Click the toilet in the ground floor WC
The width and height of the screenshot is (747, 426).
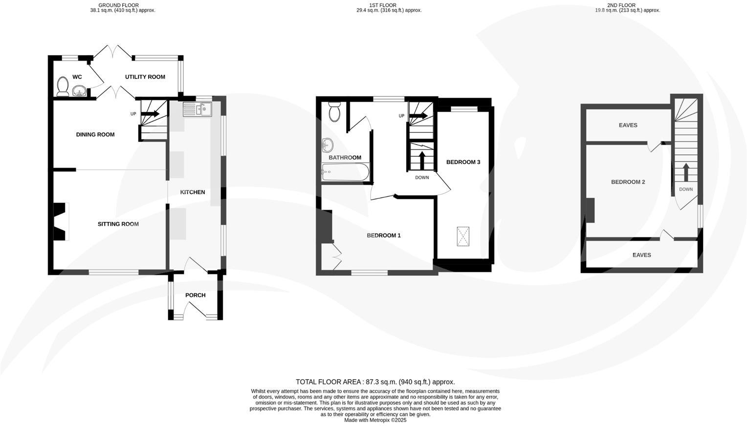[62, 86]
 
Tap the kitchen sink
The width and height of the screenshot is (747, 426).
[198, 109]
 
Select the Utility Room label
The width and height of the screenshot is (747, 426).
[145, 77]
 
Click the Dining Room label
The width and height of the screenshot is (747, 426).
[95, 134]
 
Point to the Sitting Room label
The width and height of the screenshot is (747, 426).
[118, 224]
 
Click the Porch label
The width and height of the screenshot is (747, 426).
[195, 295]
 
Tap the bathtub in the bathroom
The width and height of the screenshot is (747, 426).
[345, 172]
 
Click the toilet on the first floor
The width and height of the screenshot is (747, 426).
[334, 112]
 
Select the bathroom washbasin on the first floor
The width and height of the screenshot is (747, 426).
[328, 145]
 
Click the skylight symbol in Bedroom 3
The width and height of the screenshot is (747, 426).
[463, 236]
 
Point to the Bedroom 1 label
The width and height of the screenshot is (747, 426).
[384, 235]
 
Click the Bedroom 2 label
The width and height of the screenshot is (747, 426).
[628, 182]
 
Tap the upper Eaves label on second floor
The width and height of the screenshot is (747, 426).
[628, 125]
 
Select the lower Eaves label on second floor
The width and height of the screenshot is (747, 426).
[641, 255]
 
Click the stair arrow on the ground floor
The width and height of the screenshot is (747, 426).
[151, 114]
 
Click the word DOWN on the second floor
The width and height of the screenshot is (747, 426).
[685, 189]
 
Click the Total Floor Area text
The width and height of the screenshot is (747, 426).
[375, 382]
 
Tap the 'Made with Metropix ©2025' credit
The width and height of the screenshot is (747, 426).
[375, 420]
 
